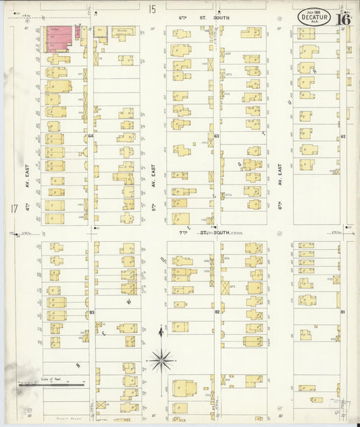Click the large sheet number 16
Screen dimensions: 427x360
tap(343, 18)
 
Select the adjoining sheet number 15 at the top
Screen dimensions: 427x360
tap(153, 9)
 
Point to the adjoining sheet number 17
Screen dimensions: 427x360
tap(14, 208)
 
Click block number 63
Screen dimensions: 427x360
tap(216, 136)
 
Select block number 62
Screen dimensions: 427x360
tap(343, 136)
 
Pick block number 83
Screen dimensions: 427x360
tap(91, 312)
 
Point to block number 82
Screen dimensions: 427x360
tap(217, 312)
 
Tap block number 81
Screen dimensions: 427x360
tap(343, 312)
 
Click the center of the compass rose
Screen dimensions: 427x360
tap(161, 360)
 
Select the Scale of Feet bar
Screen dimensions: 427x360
tap(51, 385)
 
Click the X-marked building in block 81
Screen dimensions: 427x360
tap(336, 279)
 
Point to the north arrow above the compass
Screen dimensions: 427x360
tap(161, 332)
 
